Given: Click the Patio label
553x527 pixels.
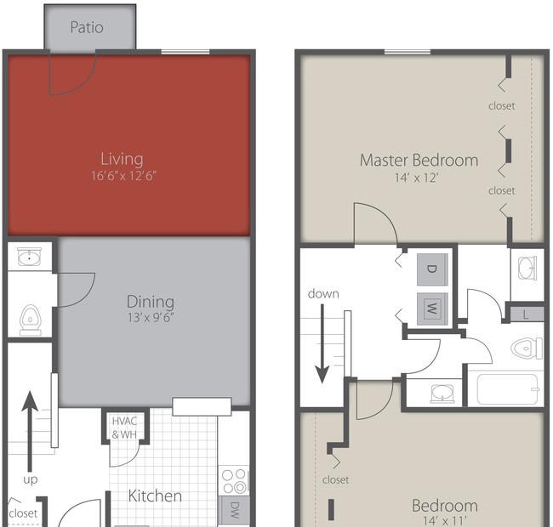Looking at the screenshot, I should point(87,27).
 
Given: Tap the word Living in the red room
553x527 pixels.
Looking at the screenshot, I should point(122,159).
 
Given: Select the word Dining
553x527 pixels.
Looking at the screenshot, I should point(151,302).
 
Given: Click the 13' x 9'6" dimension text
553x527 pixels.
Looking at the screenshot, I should point(151,319).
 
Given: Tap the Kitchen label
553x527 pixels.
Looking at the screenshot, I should point(155,496).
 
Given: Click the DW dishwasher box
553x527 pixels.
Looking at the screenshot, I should point(235,510).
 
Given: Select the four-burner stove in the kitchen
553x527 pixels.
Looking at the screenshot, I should point(235,479).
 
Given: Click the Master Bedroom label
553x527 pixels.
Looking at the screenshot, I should point(419,160).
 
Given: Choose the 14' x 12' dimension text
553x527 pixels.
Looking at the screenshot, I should point(419,178).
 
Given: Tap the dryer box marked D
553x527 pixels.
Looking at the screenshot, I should point(430,269).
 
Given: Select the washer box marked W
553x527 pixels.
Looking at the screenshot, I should point(430,307).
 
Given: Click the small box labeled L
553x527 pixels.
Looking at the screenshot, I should point(527,314).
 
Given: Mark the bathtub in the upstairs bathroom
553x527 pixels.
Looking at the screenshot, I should point(507,390).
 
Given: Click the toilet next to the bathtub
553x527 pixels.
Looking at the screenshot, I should point(527,348).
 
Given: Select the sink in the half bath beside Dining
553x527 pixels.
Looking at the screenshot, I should point(30,257).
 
